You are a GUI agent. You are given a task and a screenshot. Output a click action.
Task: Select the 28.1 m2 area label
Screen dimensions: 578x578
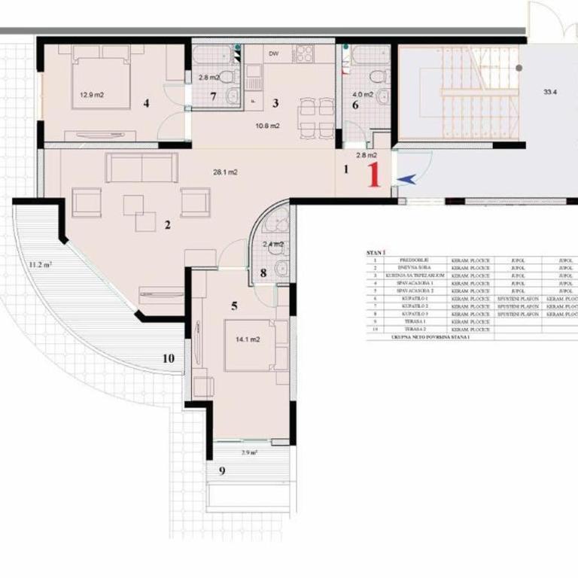(x=225, y=172)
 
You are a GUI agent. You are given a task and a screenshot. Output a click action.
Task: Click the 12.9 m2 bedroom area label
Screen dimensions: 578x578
(x=94, y=95)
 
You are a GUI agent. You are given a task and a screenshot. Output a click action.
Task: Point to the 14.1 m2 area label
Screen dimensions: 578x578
(x=248, y=339)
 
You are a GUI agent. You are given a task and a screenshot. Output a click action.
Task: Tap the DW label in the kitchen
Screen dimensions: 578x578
(x=273, y=54)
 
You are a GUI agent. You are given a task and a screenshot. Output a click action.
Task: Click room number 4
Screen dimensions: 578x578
(x=147, y=103)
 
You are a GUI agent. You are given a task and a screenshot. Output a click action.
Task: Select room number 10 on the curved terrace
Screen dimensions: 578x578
(x=168, y=358)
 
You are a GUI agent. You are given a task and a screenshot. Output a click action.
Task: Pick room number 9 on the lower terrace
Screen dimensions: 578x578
(x=221, y=471)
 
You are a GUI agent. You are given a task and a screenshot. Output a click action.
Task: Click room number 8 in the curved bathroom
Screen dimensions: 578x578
(x=263, y=273)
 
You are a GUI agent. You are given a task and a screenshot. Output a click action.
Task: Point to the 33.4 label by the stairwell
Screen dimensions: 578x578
(x=550, y=93)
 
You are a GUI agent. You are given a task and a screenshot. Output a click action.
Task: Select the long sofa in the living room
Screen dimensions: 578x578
(x=141, y=168)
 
